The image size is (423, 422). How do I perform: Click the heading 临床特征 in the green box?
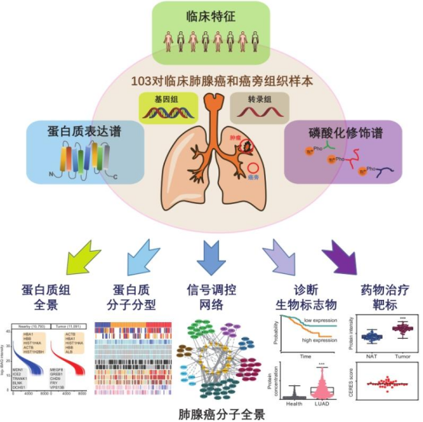[x=211, y=15]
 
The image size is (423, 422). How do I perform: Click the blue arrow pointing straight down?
[x=211, y=257]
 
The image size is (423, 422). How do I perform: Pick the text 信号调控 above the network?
[x=211, y=290]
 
